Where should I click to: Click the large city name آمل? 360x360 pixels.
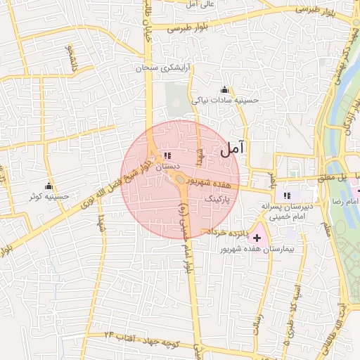click(x=233, y=149)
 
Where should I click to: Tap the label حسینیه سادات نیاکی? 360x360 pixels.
click(x=226, y=100)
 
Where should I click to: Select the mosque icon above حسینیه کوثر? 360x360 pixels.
click(x=49, y=186)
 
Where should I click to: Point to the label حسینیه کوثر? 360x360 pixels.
click(x=49, y=197)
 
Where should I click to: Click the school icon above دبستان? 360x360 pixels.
click(x=167, y=155)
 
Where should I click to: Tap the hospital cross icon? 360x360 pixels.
click(x=257, y=238)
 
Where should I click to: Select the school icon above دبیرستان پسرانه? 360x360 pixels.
click(x=286, y=195)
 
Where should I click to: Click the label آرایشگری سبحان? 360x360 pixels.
click(x=164, y=68)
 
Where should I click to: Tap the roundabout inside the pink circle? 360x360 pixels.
click(x=181, y=179)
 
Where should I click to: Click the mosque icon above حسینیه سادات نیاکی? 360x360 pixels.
click(x=224, y=89)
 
